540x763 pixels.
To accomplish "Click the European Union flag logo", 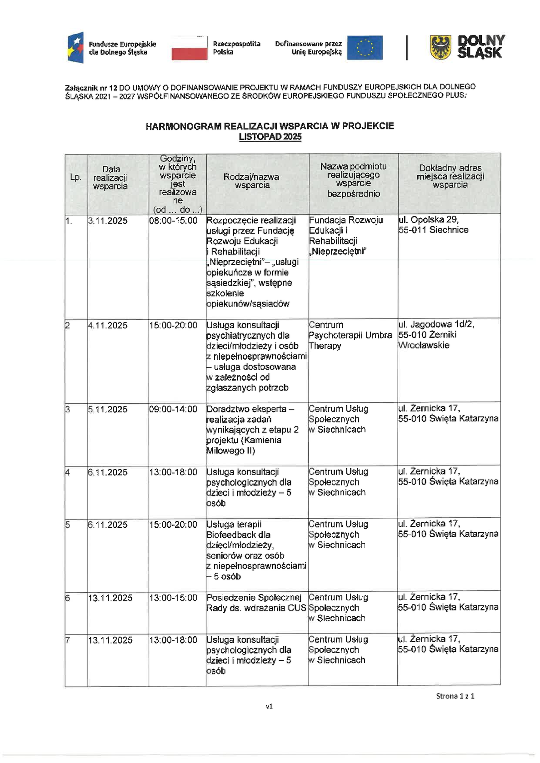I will tap(365, 48).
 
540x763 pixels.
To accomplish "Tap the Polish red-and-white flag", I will tap(189, 48).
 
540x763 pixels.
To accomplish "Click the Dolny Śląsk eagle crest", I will tap(440, 47).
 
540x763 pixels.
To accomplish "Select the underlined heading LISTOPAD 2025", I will tap(270, 137).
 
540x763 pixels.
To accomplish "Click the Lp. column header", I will tap(76, 177).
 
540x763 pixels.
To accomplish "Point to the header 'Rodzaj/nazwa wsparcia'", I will tap(252, 181).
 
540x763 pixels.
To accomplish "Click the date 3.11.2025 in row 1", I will tap(108, 221).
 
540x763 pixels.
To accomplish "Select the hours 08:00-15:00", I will tap(173, 221).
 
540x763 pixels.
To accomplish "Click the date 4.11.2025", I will tap(108, 326).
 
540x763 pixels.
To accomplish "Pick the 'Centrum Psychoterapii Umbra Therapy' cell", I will tap(350, 335).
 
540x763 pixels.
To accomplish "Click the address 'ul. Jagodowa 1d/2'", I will tap(436, 324).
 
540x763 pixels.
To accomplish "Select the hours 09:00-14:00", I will tap(173, 409).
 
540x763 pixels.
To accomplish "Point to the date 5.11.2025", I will tap(108, 409).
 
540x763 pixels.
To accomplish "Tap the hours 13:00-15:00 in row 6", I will tap(173, 598).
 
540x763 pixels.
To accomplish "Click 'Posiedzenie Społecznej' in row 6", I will tap(254, 597).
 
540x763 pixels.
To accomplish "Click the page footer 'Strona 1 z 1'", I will tap(455, 696).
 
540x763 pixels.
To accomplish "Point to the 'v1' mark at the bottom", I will tap(269, 706).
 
